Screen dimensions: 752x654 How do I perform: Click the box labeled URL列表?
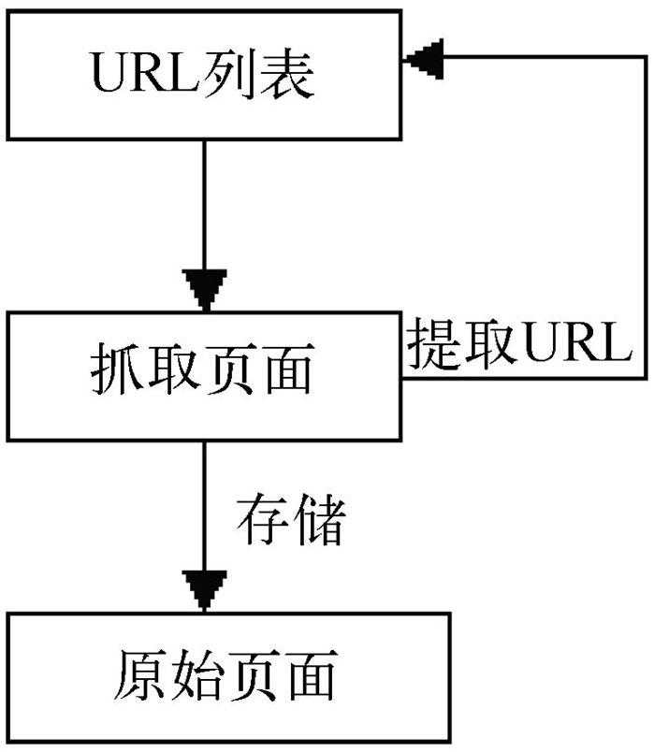click(x=203, y=74)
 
